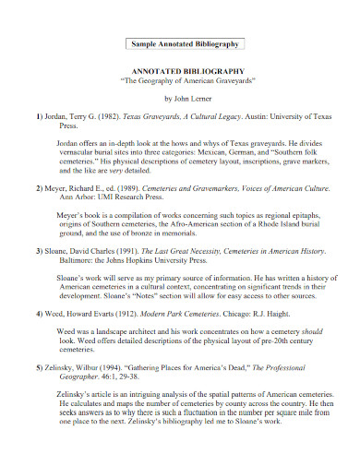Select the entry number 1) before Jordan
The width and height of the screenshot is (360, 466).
pos(40,118)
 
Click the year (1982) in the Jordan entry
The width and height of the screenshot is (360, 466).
pos(108,118)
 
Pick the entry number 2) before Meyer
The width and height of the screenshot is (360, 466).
pos(40,187)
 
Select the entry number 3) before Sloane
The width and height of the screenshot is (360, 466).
pos(40,251)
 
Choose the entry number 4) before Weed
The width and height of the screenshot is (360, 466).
pos(40,315)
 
